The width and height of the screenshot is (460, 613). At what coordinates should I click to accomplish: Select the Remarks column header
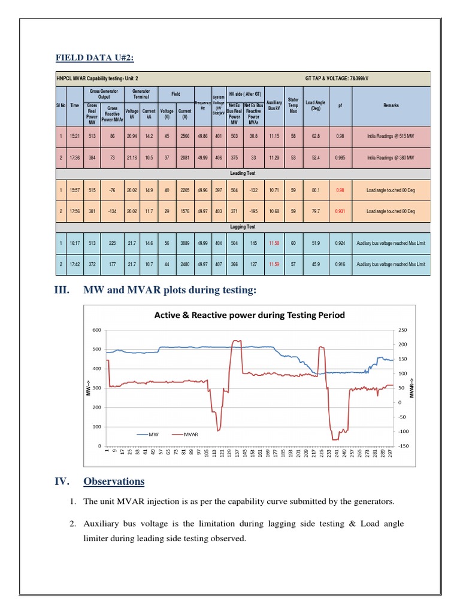pos(391,105)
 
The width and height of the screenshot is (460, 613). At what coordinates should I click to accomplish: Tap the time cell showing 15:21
pos(75,136)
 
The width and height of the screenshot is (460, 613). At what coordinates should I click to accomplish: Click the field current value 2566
pos(184,136)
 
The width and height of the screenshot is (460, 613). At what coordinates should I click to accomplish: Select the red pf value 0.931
pos(340,211)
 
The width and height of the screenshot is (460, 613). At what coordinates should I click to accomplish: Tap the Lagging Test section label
pos(243,227)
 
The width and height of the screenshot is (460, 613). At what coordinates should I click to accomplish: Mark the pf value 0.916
pos(340,264)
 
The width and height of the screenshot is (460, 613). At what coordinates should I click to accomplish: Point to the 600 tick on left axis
pos(96,330)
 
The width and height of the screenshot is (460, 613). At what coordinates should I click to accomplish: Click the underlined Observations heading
pos(114,481)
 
